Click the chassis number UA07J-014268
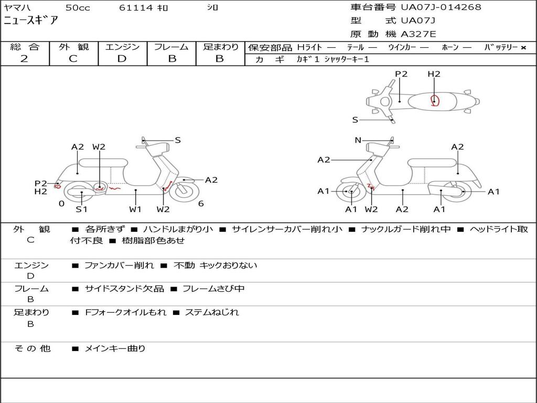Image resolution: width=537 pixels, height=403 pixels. [441, 7]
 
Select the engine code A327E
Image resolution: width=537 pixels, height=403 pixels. [418, 35]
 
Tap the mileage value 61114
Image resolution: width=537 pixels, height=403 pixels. [136, 8]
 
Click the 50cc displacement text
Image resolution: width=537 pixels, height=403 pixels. [77, 8]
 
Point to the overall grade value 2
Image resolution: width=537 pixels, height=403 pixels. [24, 59]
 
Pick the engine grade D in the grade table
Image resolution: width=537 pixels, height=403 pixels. [122, 59]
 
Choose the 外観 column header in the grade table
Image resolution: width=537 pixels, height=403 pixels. [74, 47]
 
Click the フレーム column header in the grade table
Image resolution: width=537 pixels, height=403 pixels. [171, 47]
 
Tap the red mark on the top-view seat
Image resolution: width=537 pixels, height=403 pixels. [434, 101]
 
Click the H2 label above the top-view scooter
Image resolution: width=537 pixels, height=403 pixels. [434, 74]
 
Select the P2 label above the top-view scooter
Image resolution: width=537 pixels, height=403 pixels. [401, 74]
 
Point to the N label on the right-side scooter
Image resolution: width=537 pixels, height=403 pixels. [358, 140]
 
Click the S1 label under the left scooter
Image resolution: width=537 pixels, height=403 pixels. [81, 209]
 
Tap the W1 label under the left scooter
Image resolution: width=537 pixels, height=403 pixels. [136, 209]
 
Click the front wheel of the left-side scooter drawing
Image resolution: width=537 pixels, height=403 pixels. [182, 191]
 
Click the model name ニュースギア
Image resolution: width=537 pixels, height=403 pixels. [31, 21]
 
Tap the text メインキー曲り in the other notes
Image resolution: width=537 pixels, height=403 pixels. [115, 348]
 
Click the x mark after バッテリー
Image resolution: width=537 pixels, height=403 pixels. [523, 47]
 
